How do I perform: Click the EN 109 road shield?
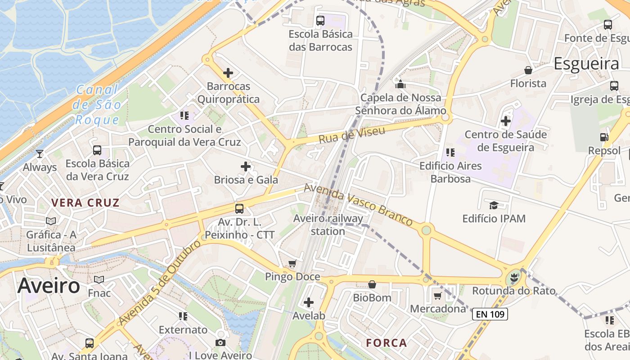point(490,314)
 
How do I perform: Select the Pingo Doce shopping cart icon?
point(292,263)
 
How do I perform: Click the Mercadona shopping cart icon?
point(437,296)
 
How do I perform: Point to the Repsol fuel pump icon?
point(604,137)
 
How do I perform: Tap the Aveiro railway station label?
point(328,225)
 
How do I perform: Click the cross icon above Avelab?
point(309,302)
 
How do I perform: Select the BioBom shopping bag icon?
point(372,284)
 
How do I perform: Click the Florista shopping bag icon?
point(528,70)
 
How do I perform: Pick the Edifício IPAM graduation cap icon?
point(494,206)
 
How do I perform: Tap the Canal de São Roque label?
point(97,105)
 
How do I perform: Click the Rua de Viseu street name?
point(352,135)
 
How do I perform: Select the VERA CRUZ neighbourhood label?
point(85,202)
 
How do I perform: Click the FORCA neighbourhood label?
point(387,343)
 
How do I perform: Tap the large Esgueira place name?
point(586,64)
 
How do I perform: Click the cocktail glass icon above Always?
point(40,154)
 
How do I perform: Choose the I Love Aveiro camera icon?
point(220,343)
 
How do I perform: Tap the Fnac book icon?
point(99,280)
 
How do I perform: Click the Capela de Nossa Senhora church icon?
point(400,84)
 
